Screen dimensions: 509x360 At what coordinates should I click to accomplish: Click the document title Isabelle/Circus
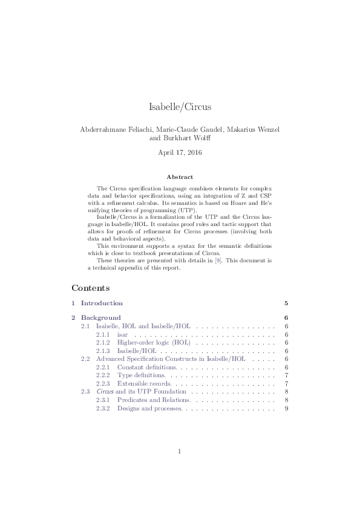pos(180,107)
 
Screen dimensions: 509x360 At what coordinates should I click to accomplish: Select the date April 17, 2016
pos(180,152)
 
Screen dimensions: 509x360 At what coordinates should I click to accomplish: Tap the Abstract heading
pos(180,177)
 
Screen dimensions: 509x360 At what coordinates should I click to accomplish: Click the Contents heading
pos(90,288)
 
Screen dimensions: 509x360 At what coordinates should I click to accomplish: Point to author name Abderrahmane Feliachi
pos(114,129)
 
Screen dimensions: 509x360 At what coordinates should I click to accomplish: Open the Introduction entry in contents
pos(102,303)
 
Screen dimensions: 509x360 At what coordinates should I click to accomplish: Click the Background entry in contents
pos(100,317)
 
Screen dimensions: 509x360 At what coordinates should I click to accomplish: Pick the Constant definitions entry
pos(146,367)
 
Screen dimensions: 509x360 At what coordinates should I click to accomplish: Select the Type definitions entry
pos(141,375)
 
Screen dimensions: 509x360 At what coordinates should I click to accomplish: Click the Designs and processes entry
pos(149,409)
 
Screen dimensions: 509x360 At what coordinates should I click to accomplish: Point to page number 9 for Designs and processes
pos(285,409)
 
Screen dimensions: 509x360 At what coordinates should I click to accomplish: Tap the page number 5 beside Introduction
pos(285,303)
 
